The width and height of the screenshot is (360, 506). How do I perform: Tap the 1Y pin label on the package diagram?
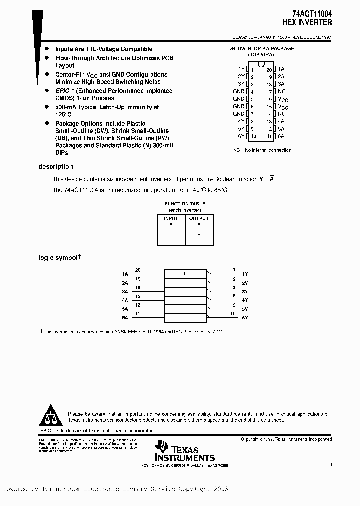point(241,69)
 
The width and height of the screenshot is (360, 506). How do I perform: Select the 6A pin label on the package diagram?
point(281,136)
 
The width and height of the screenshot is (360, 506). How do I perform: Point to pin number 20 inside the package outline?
point(269,69)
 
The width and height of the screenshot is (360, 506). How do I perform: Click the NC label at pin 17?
point(282,91)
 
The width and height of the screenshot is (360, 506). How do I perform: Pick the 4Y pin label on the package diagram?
point(241,121)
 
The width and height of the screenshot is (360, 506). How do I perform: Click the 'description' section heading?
point(56,167)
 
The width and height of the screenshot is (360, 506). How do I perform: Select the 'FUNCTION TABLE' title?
point(185,204)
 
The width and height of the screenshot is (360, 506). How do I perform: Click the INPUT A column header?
point(171,221)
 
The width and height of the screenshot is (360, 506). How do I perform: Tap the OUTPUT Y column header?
point(199,221)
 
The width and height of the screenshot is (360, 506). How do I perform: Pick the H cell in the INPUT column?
point(171,233)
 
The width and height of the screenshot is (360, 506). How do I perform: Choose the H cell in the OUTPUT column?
point(199,241)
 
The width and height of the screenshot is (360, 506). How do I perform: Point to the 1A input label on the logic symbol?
point(125,274)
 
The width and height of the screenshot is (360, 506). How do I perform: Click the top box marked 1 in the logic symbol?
point(185,274)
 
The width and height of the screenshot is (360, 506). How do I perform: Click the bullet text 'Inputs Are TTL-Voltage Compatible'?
point(104,49)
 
